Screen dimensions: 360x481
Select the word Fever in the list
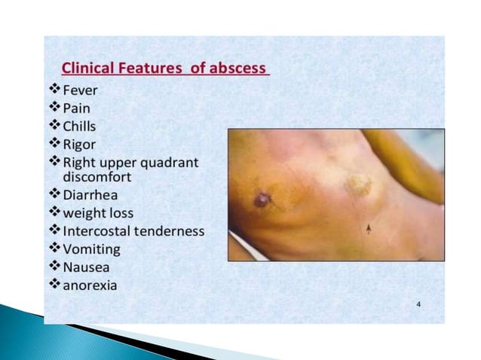[81, 91]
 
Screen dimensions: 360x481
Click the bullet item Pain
[77, 108]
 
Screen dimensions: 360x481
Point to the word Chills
[80, 126]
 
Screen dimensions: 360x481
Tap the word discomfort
[97, 177]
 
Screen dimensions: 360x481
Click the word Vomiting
[91, 249]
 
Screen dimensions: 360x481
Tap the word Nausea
[86, 267]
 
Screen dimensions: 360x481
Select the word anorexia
[90, 285]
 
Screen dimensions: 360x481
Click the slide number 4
[419, 304]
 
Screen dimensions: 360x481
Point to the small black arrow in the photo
[369, 227]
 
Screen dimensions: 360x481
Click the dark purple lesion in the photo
[262, 200]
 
